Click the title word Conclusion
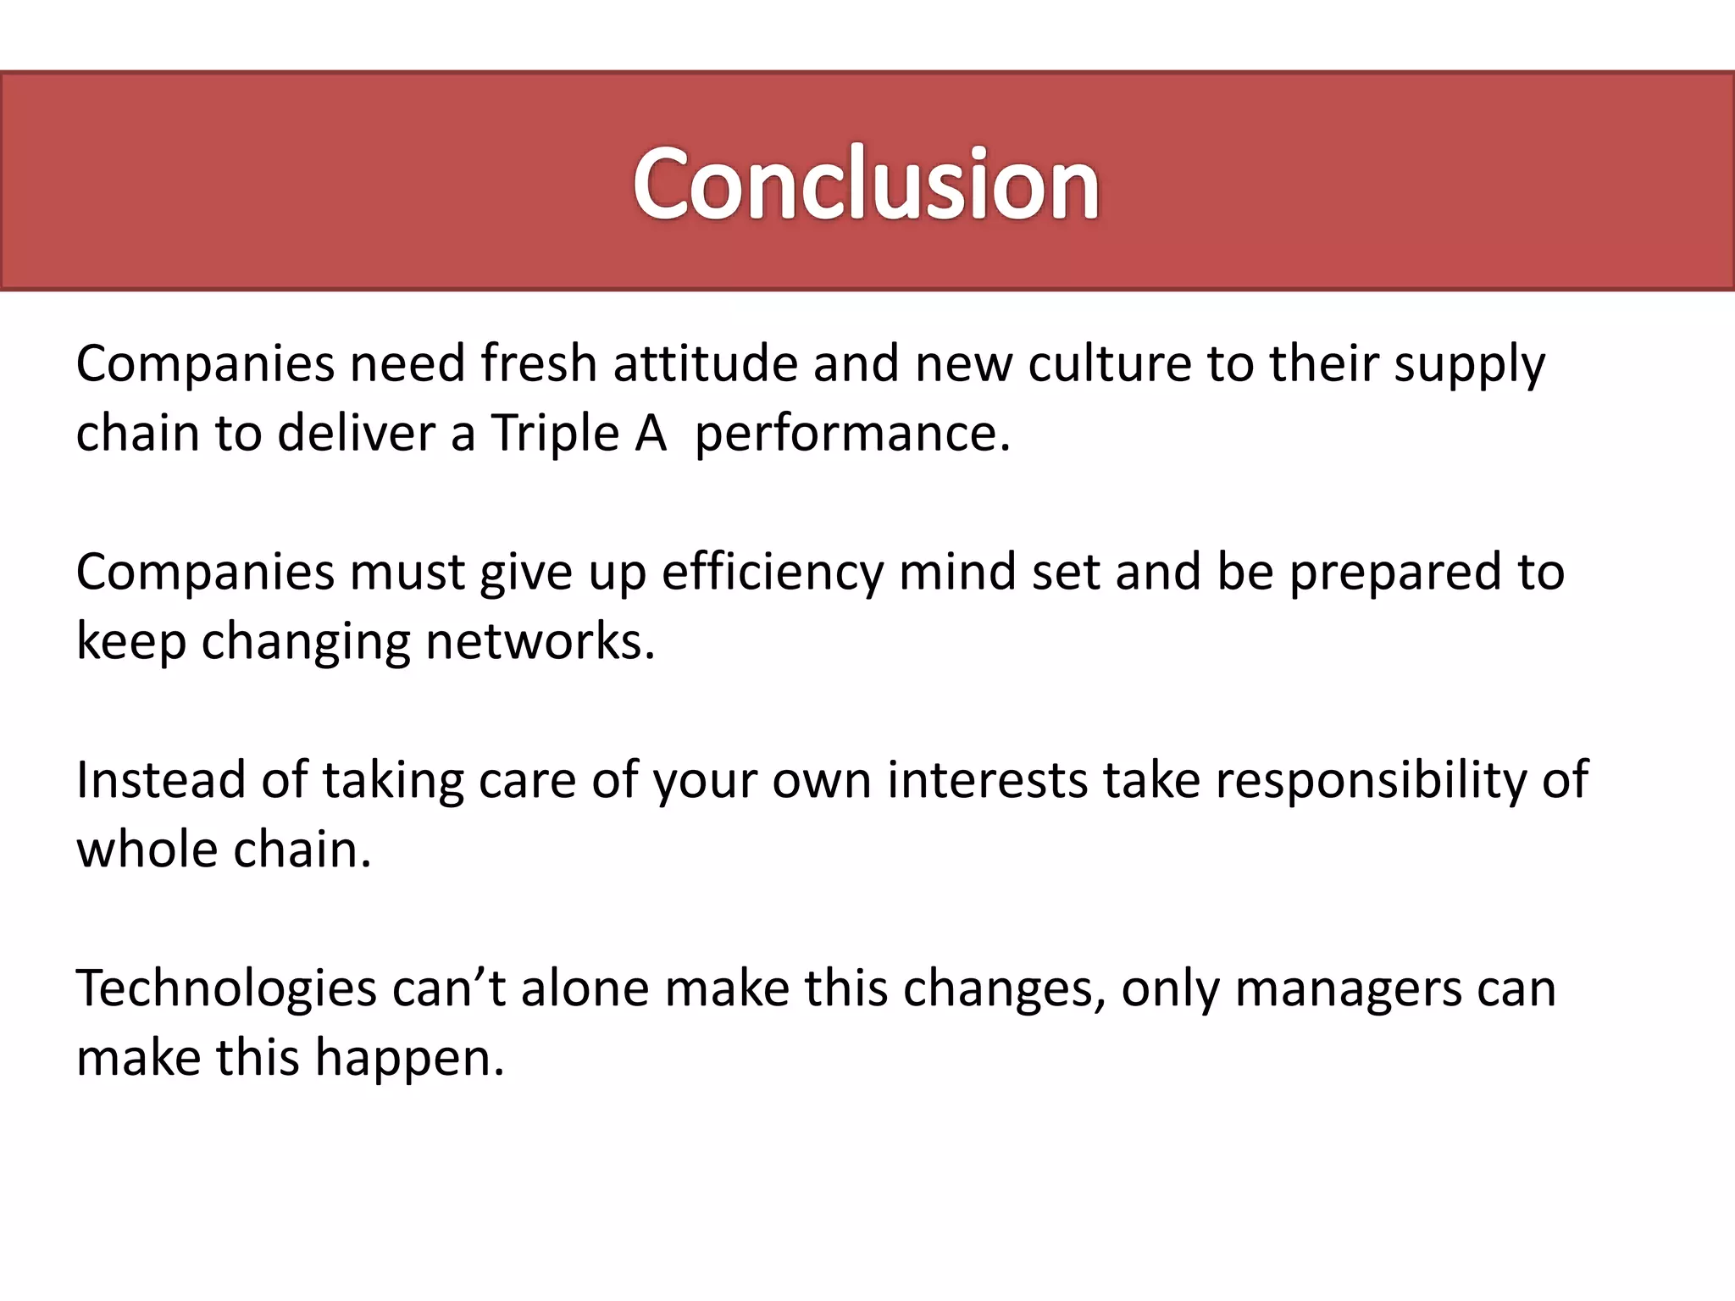tap(866, 184)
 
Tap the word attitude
tap(705, 364)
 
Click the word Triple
tap(556, 435)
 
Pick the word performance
tap(852, 435)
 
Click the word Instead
tap(160, 780)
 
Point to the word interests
tap(987, 780)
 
